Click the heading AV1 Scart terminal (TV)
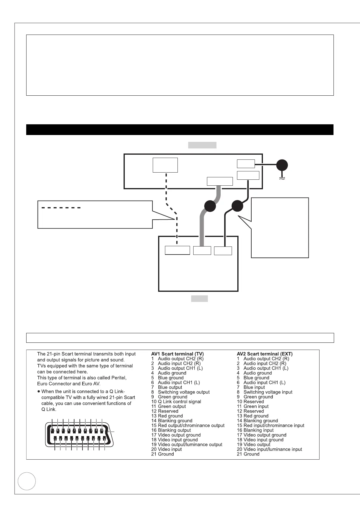pyautogui.click(x=177, y=354)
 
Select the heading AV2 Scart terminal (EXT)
pyautogui.click(x=265, y=354)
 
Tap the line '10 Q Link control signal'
pyautogui.click(x=176, y=402)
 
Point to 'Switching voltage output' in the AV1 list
pyautogui.click(x=184, y=392)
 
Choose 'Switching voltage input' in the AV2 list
pyautogui.click(x=268, y=392)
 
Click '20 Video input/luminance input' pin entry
pyautogui.click(x=269, y=449)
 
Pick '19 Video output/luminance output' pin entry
pyautogui.click(x=187, y=445)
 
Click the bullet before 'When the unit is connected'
pyautogui.click(x=39, y=392)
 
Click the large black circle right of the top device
pyautogui.click(x=282, y=166)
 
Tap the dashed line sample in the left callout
pyautogui.click(x=61, y=208)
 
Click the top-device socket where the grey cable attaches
pyautogui.click(x=220, y=181)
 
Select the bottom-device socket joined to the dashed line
pyautogui.click(x=177, y=250)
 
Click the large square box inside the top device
pyautogui.click(x=165, y=165)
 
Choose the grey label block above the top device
pyautogui.click(x=202, y=145)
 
